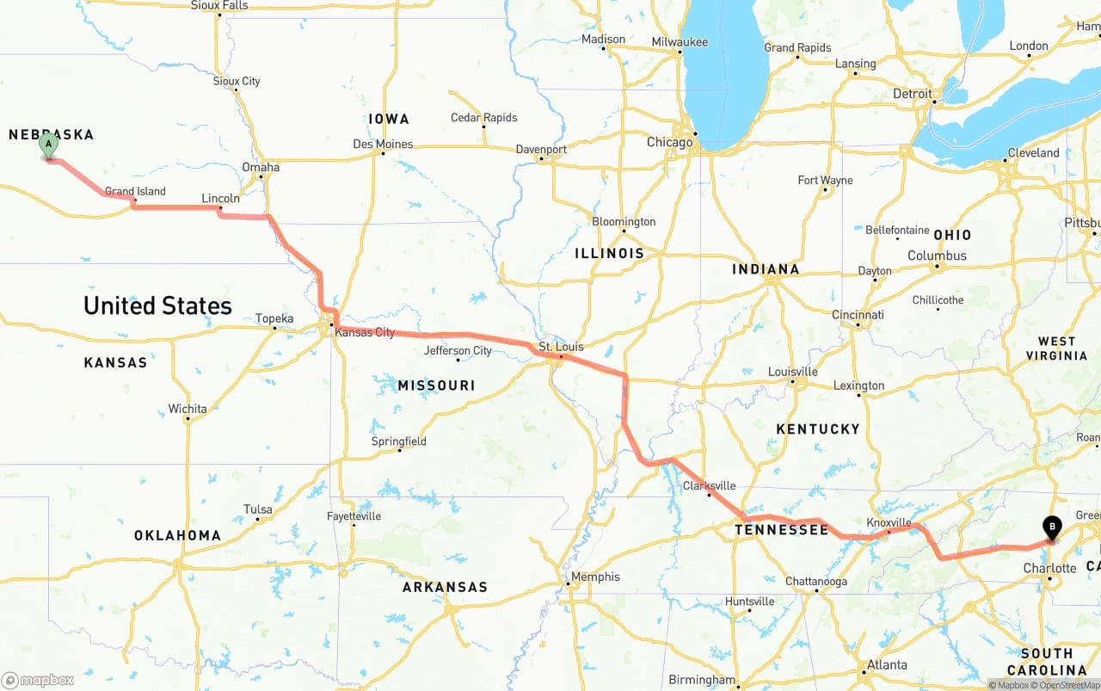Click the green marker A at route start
click(x=49, y=145)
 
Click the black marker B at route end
click(x=1051, y=527)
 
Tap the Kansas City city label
click(x=365, y=332)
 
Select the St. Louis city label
click(x=561, y=347)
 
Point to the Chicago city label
click(x=669, y=142)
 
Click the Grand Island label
click(x=135, y=191)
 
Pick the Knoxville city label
click(x=889, y=522)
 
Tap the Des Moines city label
click(x=383, y=144)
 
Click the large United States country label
click(x=157, y=305)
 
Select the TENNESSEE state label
click(x=782, y=530)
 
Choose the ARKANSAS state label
click(x=445, y=587)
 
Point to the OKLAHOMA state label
click(x=177, y=535)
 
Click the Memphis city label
click(x=595, y=577)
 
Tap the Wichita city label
click(x=188, y=409)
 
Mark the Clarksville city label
click(x=709, y=485)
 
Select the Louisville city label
click(x=792, y=372)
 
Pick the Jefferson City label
click(x=458, y=350)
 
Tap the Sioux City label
click(x=237, y=81)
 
